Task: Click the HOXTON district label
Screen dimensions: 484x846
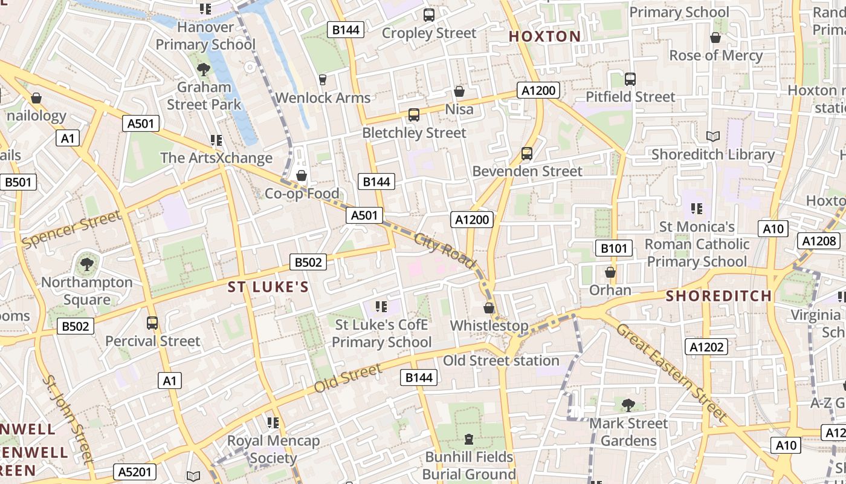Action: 544,36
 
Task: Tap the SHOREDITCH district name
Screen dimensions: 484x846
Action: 718,296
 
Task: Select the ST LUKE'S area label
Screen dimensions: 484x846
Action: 268,287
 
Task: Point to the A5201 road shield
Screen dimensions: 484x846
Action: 135,472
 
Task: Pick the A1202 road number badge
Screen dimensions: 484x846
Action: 706,347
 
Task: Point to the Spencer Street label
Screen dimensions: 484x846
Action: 71,229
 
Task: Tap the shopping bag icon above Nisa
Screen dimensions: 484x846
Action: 459,91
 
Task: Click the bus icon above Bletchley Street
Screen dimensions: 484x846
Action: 414,115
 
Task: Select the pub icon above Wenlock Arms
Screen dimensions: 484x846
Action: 323,80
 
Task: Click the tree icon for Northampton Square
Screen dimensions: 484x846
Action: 86,264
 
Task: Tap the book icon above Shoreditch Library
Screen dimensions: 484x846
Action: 713,137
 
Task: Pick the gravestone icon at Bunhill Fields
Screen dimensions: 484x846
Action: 469,439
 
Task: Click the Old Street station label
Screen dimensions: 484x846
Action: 501,361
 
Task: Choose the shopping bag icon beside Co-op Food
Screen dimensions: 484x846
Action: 301,176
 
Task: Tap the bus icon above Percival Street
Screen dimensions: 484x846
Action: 152,323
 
